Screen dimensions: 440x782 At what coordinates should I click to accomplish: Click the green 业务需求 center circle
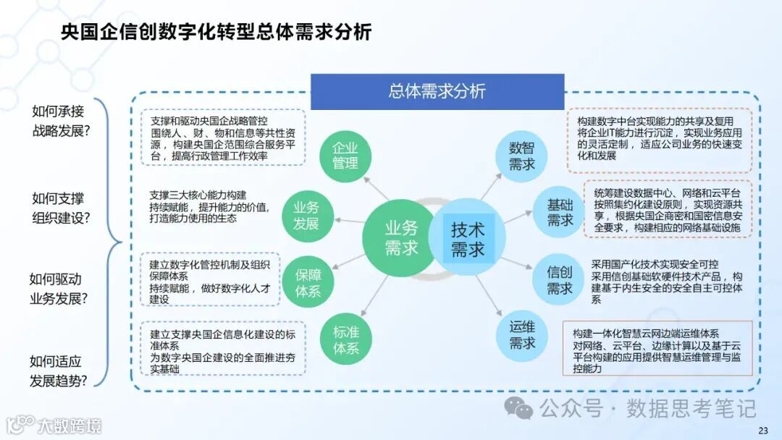coord(400,238)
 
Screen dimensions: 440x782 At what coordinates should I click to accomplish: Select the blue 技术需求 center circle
coord(468,240)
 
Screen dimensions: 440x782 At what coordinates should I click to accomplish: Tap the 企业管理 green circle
coord(345,155)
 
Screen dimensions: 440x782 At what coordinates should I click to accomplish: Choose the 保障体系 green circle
coord(308,282)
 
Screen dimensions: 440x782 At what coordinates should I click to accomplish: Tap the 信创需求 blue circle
coord(559,281)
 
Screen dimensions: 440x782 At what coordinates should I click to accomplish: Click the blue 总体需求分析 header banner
coord(437,91)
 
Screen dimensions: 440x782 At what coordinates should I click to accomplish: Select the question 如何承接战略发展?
coord(59,121)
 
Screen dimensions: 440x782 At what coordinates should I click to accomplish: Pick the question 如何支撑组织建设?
coord(59,208)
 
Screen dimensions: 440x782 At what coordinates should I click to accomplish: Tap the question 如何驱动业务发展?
coord(58,288)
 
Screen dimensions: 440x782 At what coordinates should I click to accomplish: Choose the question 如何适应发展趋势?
coord(58,370)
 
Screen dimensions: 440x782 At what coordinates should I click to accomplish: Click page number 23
coord(762,431)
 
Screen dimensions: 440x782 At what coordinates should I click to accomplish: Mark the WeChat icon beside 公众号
coord(518,408)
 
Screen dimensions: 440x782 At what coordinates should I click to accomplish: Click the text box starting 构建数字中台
coord(660,140)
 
